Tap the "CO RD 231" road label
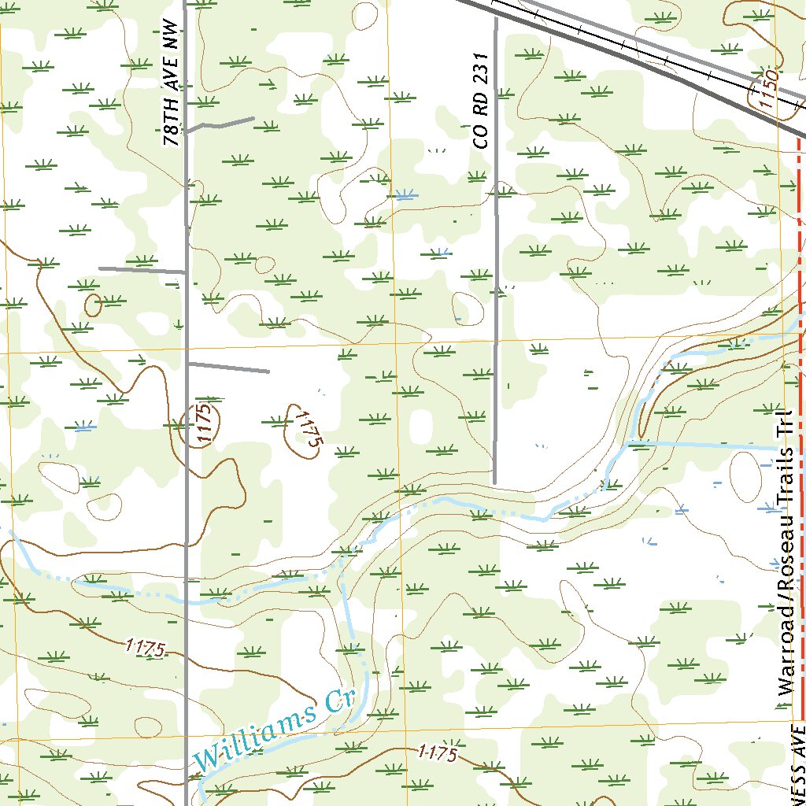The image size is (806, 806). click(482, 101)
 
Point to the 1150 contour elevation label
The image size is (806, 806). click(765, 88)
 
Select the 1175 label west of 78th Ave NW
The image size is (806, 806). click(144, 648)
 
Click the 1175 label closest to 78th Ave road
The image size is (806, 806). click(205, 425)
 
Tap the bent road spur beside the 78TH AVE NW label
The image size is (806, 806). click(220, 124)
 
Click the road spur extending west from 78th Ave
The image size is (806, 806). click(142, 269)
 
